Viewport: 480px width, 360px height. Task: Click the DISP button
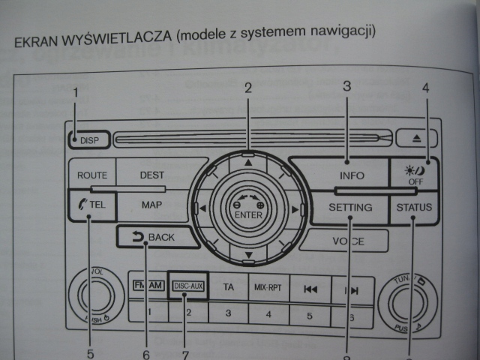pyautogui.click(x=87, y=139)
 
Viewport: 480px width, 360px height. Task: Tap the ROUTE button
pyautogui.click(x=92, y=175)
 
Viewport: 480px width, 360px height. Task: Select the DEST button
pyautogui.click(x=151, y=175)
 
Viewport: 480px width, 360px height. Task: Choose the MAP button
pyautogui.click(x=152, y=204)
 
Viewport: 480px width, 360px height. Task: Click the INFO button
pyautogui.click(x=351, y=175)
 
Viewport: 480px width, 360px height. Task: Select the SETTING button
pyautogui.click(x=350, y=208)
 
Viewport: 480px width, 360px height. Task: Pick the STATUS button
pyautogui.click(x=415, y=208)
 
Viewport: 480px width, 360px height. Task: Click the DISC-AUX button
pyautogui.click(x=187, y=286)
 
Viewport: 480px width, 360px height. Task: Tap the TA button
pyautogui.click(x=229, y=286)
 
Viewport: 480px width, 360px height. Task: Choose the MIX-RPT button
pyautogui.click(x=268, y=286)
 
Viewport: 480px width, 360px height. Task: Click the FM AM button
pyautogui.click(x=148, y=286)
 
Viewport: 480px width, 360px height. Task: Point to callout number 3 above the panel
pyautogui.click(x=347, y=86)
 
